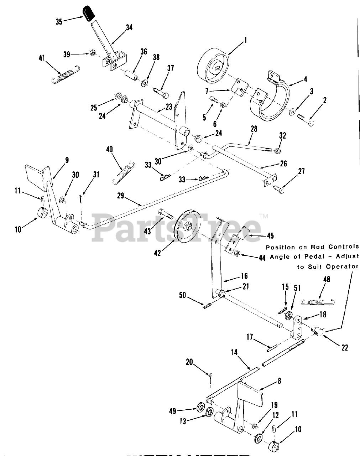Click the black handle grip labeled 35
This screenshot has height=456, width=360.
point(88,14)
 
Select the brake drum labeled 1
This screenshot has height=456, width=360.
point(213,68)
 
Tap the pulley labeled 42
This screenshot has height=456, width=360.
point(187,228)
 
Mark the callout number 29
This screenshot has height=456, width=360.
point(121,195)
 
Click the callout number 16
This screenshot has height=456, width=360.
point(244,276)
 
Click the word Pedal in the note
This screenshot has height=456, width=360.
point(315,256)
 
